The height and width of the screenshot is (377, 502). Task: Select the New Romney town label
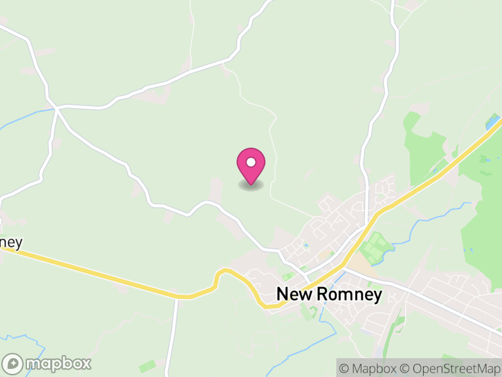pyautogui.click(x=329, y=294)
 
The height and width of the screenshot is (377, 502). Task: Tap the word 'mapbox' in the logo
pyautogui.click(x=58, y=363)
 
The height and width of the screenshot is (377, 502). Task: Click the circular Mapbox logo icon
pyautogui.click(x=14, y=363)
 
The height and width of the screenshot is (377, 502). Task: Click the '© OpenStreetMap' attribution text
pyautogui.click(x=451, y=368)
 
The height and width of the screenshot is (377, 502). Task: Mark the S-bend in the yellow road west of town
pyautogui.click(x=220, y=280)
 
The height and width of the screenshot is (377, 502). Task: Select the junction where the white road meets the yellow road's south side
pyautogui.click(x=176, y=298)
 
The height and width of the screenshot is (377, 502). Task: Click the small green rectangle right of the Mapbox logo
pyautogui.click(x=147, y=365)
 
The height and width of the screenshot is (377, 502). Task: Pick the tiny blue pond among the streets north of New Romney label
pyautogui.click(x=306, y=246)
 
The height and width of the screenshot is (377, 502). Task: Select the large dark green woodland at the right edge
pyautogui.click(x=483, y=207)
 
